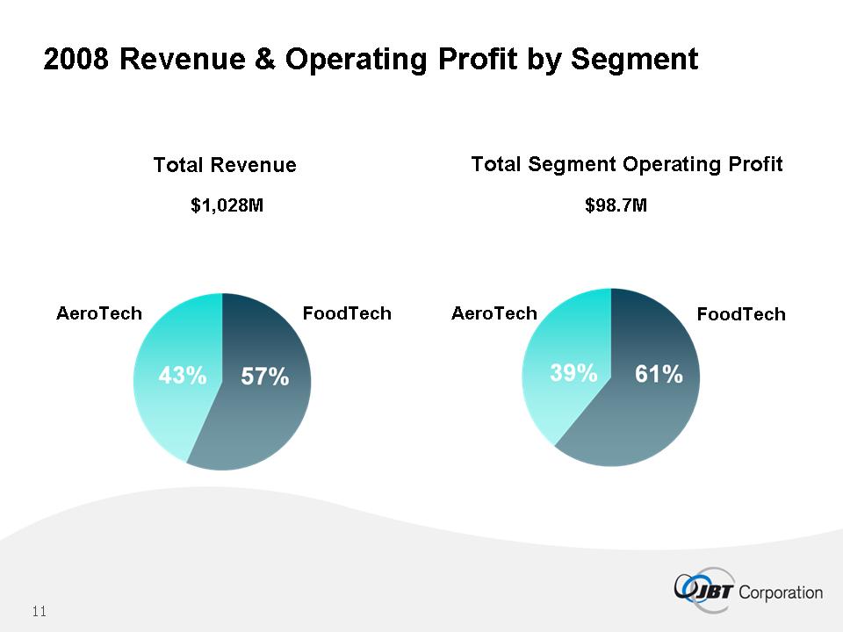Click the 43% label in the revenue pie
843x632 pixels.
(182, 377)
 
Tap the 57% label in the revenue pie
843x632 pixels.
(264, 377)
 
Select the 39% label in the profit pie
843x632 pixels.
(573, 373)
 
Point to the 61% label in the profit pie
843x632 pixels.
(659, 375)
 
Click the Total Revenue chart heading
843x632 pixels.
(225, 165)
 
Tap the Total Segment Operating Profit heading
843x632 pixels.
(627, 164)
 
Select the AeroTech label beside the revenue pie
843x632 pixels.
(99, 313)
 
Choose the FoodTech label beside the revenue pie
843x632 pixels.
(347, 313)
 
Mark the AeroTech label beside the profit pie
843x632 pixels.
(494, 313)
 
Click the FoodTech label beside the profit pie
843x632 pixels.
(741, 314)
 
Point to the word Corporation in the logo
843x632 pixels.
(782, 592)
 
